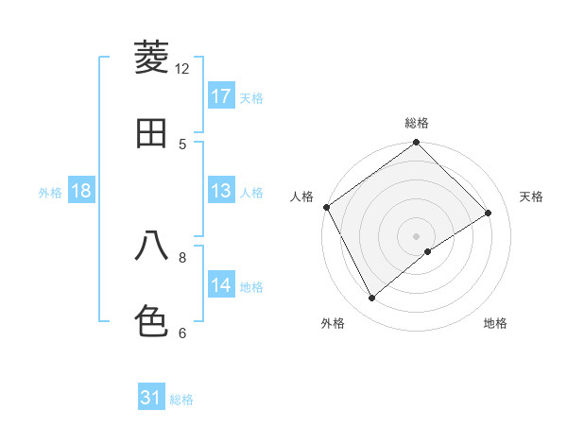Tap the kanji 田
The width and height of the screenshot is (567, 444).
151,133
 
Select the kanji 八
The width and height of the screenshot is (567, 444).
151,246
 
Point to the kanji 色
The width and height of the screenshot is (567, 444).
151,321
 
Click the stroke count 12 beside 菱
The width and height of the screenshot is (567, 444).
182,68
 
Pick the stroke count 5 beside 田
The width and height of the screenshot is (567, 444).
182,144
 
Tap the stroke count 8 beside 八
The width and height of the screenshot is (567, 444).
182,256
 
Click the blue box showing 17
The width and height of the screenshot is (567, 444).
221,96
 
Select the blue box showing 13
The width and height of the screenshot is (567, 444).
221,191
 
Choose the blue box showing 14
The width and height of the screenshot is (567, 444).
221,285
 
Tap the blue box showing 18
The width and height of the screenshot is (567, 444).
81,191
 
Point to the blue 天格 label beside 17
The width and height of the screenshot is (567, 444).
251,97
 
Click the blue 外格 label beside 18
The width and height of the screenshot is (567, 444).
50,192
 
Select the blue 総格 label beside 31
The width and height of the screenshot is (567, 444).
181,399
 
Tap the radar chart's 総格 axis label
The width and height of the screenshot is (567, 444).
417,123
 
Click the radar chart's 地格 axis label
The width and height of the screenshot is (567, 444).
495,324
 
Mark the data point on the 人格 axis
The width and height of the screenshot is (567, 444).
326,207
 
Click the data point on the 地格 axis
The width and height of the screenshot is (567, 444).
428,251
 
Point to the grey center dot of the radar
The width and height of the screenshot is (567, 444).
417,235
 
